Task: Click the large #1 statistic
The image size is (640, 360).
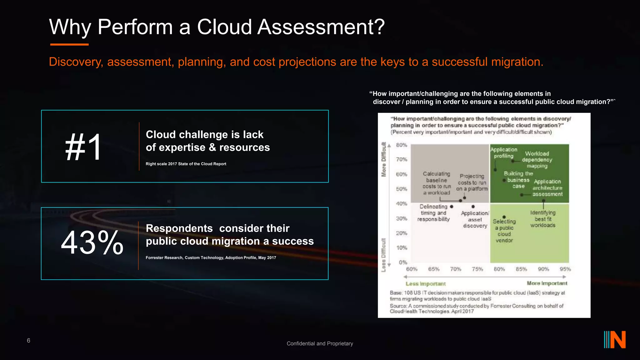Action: coord(83,147)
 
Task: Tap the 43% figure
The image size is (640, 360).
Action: coord(92,242)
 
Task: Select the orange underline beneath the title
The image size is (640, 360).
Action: coord(69,45)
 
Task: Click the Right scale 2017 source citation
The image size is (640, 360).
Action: coord(186,164)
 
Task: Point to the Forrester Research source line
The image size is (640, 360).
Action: coord(211,258)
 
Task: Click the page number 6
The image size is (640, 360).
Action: coord(28,341)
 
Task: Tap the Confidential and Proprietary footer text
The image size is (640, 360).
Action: coord(320,343)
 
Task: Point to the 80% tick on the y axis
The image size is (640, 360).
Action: coord(402,145)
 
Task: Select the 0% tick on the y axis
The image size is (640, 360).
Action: coord(403,262)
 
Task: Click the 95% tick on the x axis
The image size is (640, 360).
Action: coord(565,269)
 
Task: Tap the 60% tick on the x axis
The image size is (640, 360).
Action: coord(412,269)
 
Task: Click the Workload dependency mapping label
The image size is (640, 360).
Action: coord(537,160)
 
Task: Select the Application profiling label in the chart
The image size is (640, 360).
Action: coord(503,153)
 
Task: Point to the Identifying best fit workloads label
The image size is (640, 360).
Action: coord(543,219)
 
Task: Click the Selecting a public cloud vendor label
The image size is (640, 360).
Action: coord(504,231)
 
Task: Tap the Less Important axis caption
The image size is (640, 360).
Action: coord(426,284)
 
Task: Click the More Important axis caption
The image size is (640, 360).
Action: coord(547,283)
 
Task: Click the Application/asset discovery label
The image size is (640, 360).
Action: coord(475,219)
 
